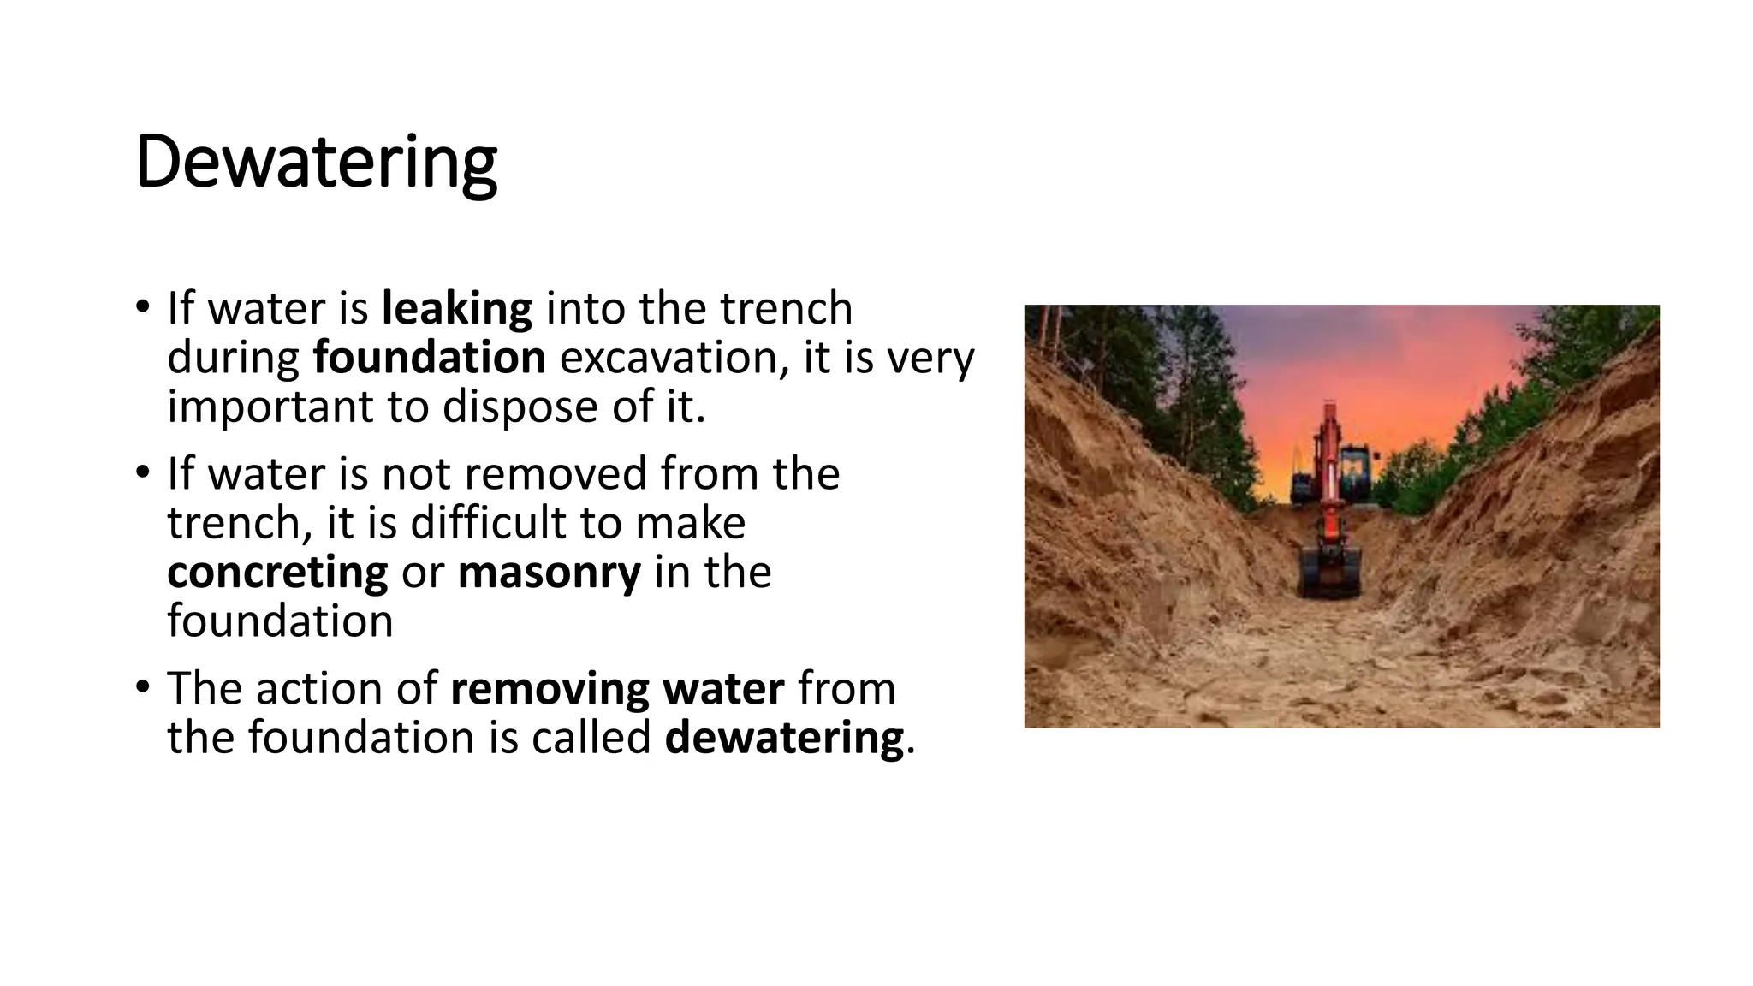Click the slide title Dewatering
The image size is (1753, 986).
(316, 163)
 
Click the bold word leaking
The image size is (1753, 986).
(456, 308)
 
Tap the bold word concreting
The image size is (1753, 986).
(277, 572)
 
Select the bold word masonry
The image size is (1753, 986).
(549, 572)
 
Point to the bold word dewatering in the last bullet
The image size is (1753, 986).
(784, 737)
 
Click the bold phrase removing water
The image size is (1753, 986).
(617, 688)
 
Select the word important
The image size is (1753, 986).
(270, 407)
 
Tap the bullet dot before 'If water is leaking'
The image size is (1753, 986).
(143, 306)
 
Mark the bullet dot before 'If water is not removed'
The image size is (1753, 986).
(143, 472)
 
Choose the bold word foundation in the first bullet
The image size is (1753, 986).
(429, 357)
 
